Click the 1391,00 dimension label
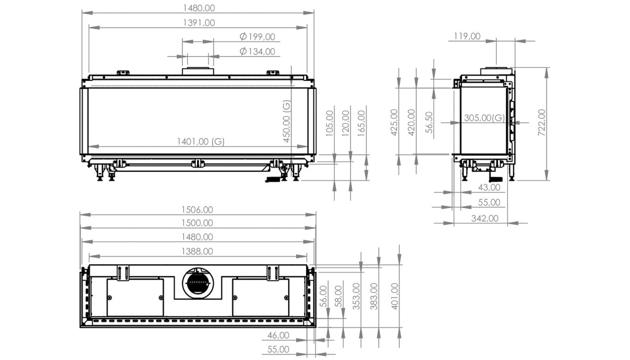point(199,23)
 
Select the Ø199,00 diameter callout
point(257,36)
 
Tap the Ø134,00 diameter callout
point(257,51)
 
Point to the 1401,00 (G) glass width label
point(201,141)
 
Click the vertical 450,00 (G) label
point(286,121)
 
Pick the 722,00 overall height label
point(541,122)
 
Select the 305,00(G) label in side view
point(484,117)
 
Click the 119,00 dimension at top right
point(467,36)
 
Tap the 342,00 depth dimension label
point(485,218)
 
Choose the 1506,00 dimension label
point(197,210)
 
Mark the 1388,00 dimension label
point(197,252)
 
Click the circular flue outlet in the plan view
point(198,283)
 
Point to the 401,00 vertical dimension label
point(395,297)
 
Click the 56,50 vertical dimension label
point(428,122)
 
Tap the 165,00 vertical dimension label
point(361,123)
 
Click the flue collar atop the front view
point(198,71)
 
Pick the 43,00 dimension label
point(489,187)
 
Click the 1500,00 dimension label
point(197,223)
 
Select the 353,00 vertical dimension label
point(356,297)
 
